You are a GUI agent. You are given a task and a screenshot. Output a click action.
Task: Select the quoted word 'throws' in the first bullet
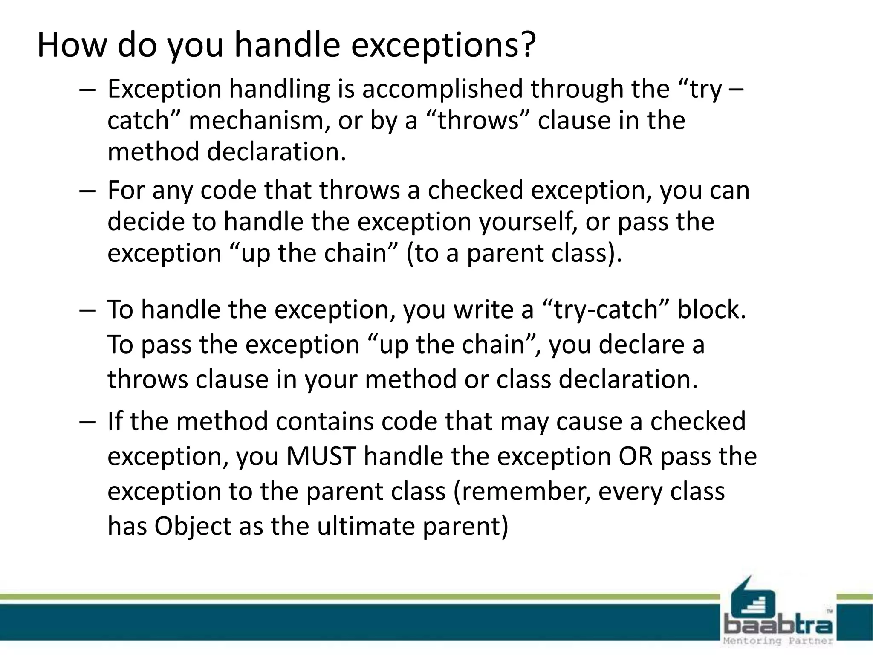(x=478, y=121)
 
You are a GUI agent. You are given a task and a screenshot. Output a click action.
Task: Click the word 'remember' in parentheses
(x=525, y=491)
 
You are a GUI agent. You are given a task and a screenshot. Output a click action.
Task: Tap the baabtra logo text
(x=778, y=625)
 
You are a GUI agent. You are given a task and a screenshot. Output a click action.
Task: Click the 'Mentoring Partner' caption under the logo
(x=778, y=641)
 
